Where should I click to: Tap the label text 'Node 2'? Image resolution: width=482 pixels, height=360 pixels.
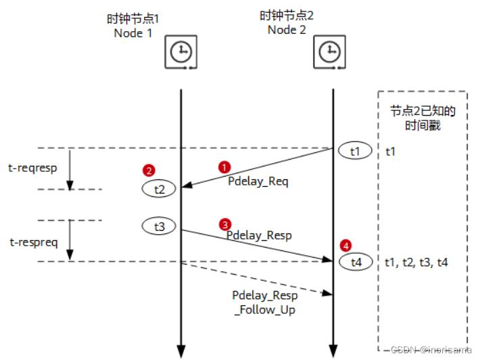pos(287,29)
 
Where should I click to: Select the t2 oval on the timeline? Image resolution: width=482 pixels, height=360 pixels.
pos(160,189)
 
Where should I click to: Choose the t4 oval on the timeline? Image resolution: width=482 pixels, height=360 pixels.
pos(356,262)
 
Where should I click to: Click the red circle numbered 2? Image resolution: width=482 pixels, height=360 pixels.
pos(149,171)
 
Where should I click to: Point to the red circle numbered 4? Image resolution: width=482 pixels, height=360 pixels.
pos(346,245)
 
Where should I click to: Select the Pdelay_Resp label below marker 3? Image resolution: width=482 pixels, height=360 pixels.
pos(259,235)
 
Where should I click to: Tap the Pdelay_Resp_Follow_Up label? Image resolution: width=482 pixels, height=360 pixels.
pos(264,302)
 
